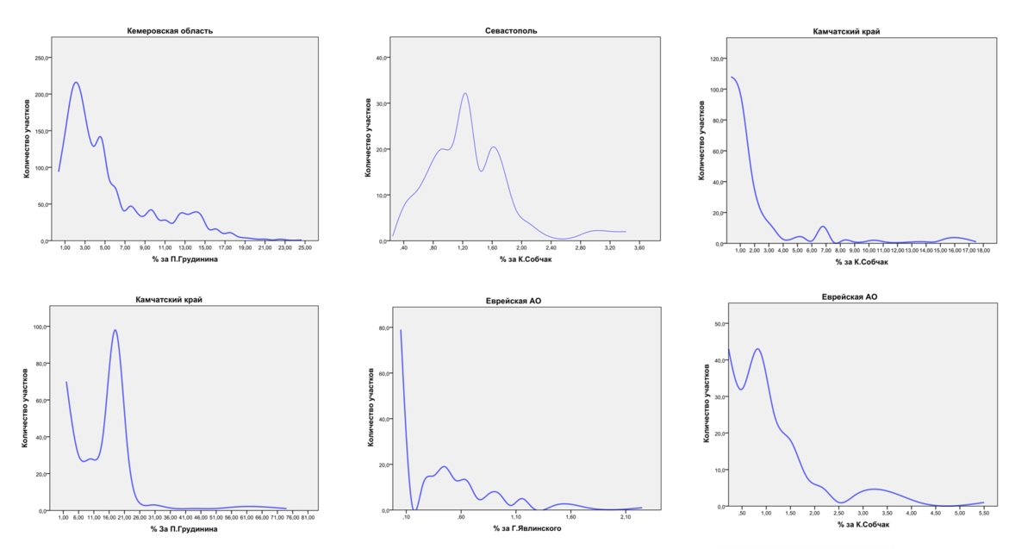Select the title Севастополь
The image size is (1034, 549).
[512, 31]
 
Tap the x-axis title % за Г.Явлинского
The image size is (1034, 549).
[526, 528]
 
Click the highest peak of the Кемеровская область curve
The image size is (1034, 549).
[76, 83]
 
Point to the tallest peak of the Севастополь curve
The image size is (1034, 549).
[465, 93]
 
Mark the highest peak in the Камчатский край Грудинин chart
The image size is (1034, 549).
[115, 330]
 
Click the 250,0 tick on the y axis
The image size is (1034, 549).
[41, 58]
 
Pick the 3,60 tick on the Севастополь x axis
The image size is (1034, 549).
[639, 248]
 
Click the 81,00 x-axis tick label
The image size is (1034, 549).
[307, 517]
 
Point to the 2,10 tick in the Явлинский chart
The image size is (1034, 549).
[626, 517]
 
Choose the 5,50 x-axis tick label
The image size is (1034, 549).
[984, 513]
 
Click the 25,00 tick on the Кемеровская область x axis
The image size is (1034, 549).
[305, 248]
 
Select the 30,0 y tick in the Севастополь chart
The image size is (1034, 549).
[380, 103]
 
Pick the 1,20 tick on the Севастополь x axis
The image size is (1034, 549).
[463, 248]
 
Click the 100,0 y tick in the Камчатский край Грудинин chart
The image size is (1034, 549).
[40, 328]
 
